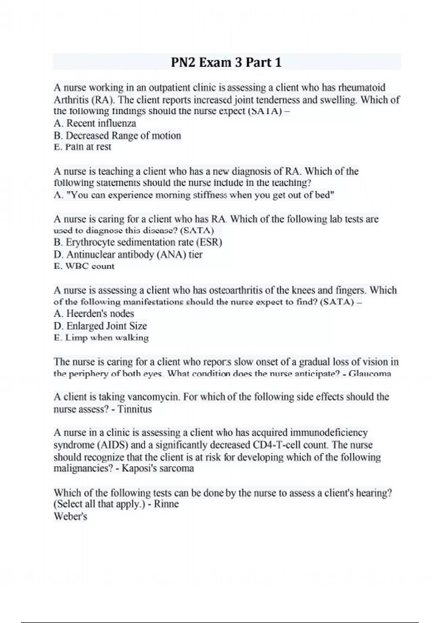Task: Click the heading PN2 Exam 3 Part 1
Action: (x=226, y=62)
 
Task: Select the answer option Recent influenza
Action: (x=95, y=123)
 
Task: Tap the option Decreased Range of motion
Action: (x=117, y=136)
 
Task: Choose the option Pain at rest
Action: (x=82, y=147)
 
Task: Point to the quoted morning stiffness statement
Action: (x=194, y=195)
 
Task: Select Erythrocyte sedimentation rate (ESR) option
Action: (x=138, y=242)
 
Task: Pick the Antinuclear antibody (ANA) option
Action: (x=128, y=254)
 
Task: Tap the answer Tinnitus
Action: (x=134, y=409)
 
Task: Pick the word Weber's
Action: (x=70, y=516)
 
